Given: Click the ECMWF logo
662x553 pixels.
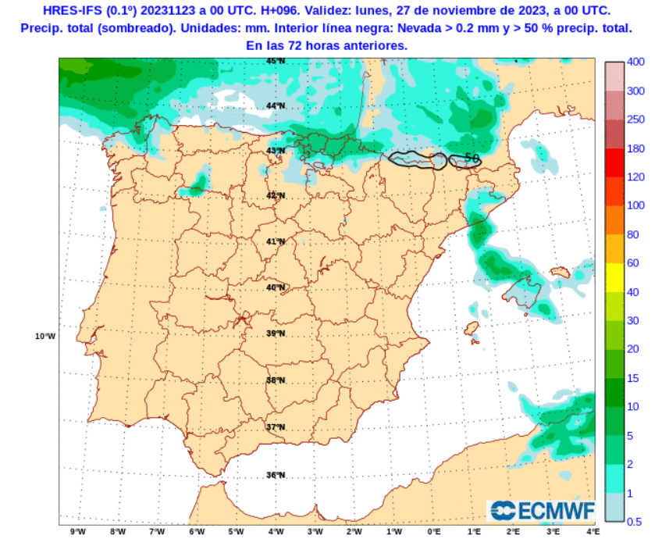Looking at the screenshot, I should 542,511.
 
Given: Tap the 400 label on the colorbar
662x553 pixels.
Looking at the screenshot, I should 635,62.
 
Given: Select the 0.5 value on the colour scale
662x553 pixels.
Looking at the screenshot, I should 635,521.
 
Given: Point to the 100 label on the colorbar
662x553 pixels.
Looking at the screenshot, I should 635,205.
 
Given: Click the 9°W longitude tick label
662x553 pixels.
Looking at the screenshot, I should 77,533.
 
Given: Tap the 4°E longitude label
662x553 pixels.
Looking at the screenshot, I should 593,533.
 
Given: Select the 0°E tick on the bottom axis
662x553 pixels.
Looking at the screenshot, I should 434,533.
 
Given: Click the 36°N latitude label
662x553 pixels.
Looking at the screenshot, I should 276,475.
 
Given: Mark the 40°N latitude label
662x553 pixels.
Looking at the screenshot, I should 276,287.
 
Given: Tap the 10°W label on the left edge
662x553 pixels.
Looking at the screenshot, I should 45,337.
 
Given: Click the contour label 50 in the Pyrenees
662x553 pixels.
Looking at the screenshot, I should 472,158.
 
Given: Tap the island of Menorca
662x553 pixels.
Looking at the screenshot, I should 561,272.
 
